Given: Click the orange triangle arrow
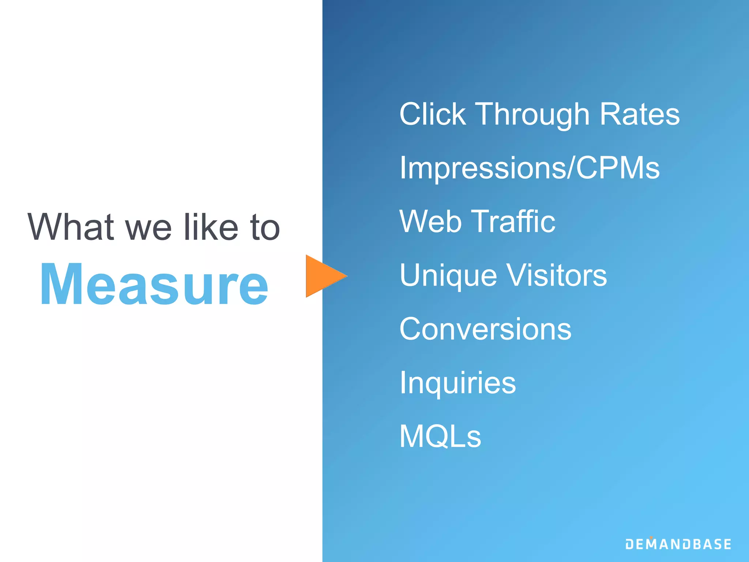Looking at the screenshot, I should coord(324,276).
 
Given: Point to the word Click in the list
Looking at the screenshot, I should coord(433,114).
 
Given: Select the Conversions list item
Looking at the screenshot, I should coord(485,329).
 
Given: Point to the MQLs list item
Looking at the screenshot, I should coord(440,436).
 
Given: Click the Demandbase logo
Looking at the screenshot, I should coord(678,544).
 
